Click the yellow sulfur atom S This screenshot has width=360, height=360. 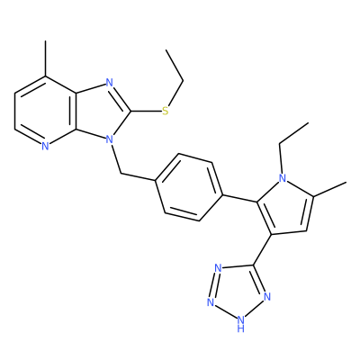tap(166, 112)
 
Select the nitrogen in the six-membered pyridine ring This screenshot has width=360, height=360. tap(45, 146)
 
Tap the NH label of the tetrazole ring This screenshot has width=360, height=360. tap(241, 324)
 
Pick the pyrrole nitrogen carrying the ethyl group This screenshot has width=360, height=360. tap(283, 178)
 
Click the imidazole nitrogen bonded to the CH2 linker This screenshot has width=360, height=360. tap(110, 139)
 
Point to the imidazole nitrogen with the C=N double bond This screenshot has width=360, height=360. tap(110, 83)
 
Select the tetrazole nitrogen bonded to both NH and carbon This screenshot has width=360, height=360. tap(267, 297)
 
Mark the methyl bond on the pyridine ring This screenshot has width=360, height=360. tap(46, 58)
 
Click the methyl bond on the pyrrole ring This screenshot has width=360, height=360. tap(330, 189)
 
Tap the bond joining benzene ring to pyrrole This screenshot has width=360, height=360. tap(240, 199)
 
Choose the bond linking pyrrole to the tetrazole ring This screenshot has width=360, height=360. tap(263, 249)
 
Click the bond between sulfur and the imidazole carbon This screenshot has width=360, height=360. tap(146, 112)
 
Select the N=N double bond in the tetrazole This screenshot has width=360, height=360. tap(214, 284)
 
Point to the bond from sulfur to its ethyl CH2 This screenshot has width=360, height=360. tap(176, 94)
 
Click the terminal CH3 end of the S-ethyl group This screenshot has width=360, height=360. tap(166, 49)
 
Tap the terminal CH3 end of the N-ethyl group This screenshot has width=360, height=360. tap(309, 122)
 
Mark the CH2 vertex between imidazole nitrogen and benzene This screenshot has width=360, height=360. tap(121, 174)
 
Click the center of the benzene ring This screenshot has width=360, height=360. tap(189, 188)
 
